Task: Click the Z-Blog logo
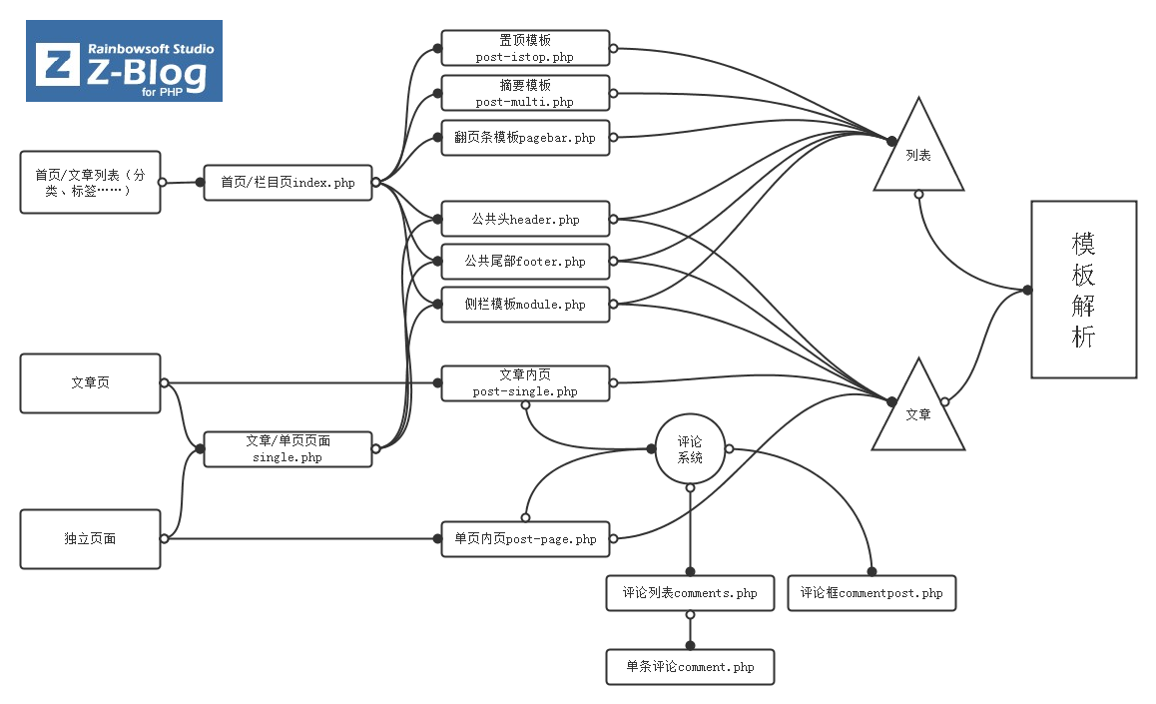124,62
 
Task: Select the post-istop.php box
525,48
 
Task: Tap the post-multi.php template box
525,93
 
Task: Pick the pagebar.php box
525,138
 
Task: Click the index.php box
288,183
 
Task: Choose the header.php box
525,219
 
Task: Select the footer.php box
525,262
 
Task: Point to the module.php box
525,305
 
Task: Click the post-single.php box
525,383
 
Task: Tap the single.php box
288,449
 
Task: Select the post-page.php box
525,539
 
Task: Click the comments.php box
690,593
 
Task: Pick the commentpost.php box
871,593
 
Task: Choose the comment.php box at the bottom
690,666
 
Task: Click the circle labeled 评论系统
690,449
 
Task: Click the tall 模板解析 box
1083,290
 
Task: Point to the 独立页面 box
90,539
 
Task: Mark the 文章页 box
90,383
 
